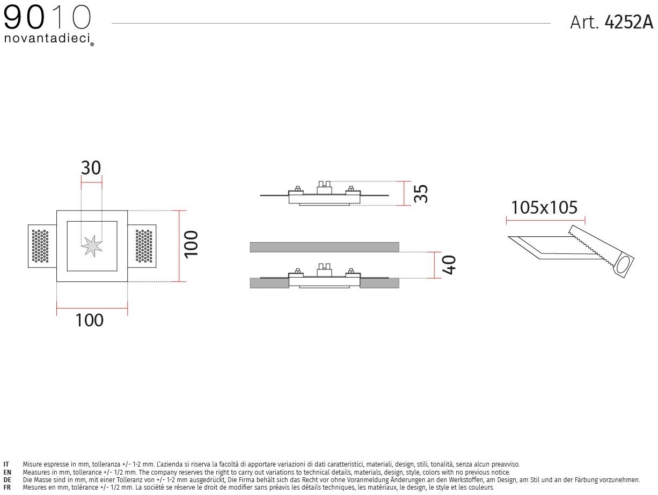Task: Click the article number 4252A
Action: click(629, 22)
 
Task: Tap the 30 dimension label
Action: click(91, 168)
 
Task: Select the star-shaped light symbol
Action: click(92, 246)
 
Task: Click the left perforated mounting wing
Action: click(42, 246)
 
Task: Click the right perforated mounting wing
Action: click(142, 246)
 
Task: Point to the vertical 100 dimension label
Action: click(191, 244)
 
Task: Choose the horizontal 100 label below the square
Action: click(89, 321)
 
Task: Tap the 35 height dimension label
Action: click(421, 194)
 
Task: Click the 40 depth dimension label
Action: click(449, 265)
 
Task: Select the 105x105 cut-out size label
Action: click(544, 207)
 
